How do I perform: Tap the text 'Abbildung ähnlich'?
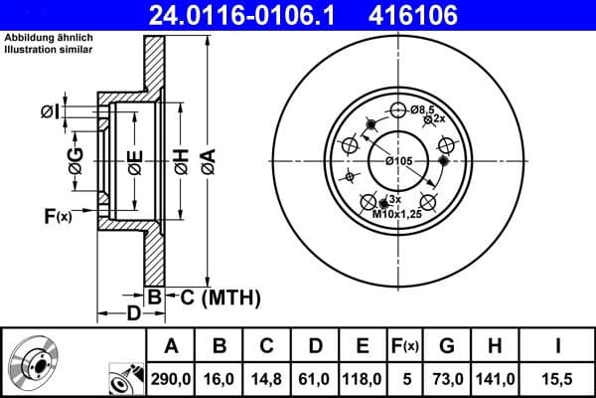coord(49,38)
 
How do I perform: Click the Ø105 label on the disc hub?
coord(398,160)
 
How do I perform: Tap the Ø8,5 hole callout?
coord(424,108)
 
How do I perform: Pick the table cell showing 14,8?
coord(266,378)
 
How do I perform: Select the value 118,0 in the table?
coord(363,378)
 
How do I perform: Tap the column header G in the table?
coord(447,345)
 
